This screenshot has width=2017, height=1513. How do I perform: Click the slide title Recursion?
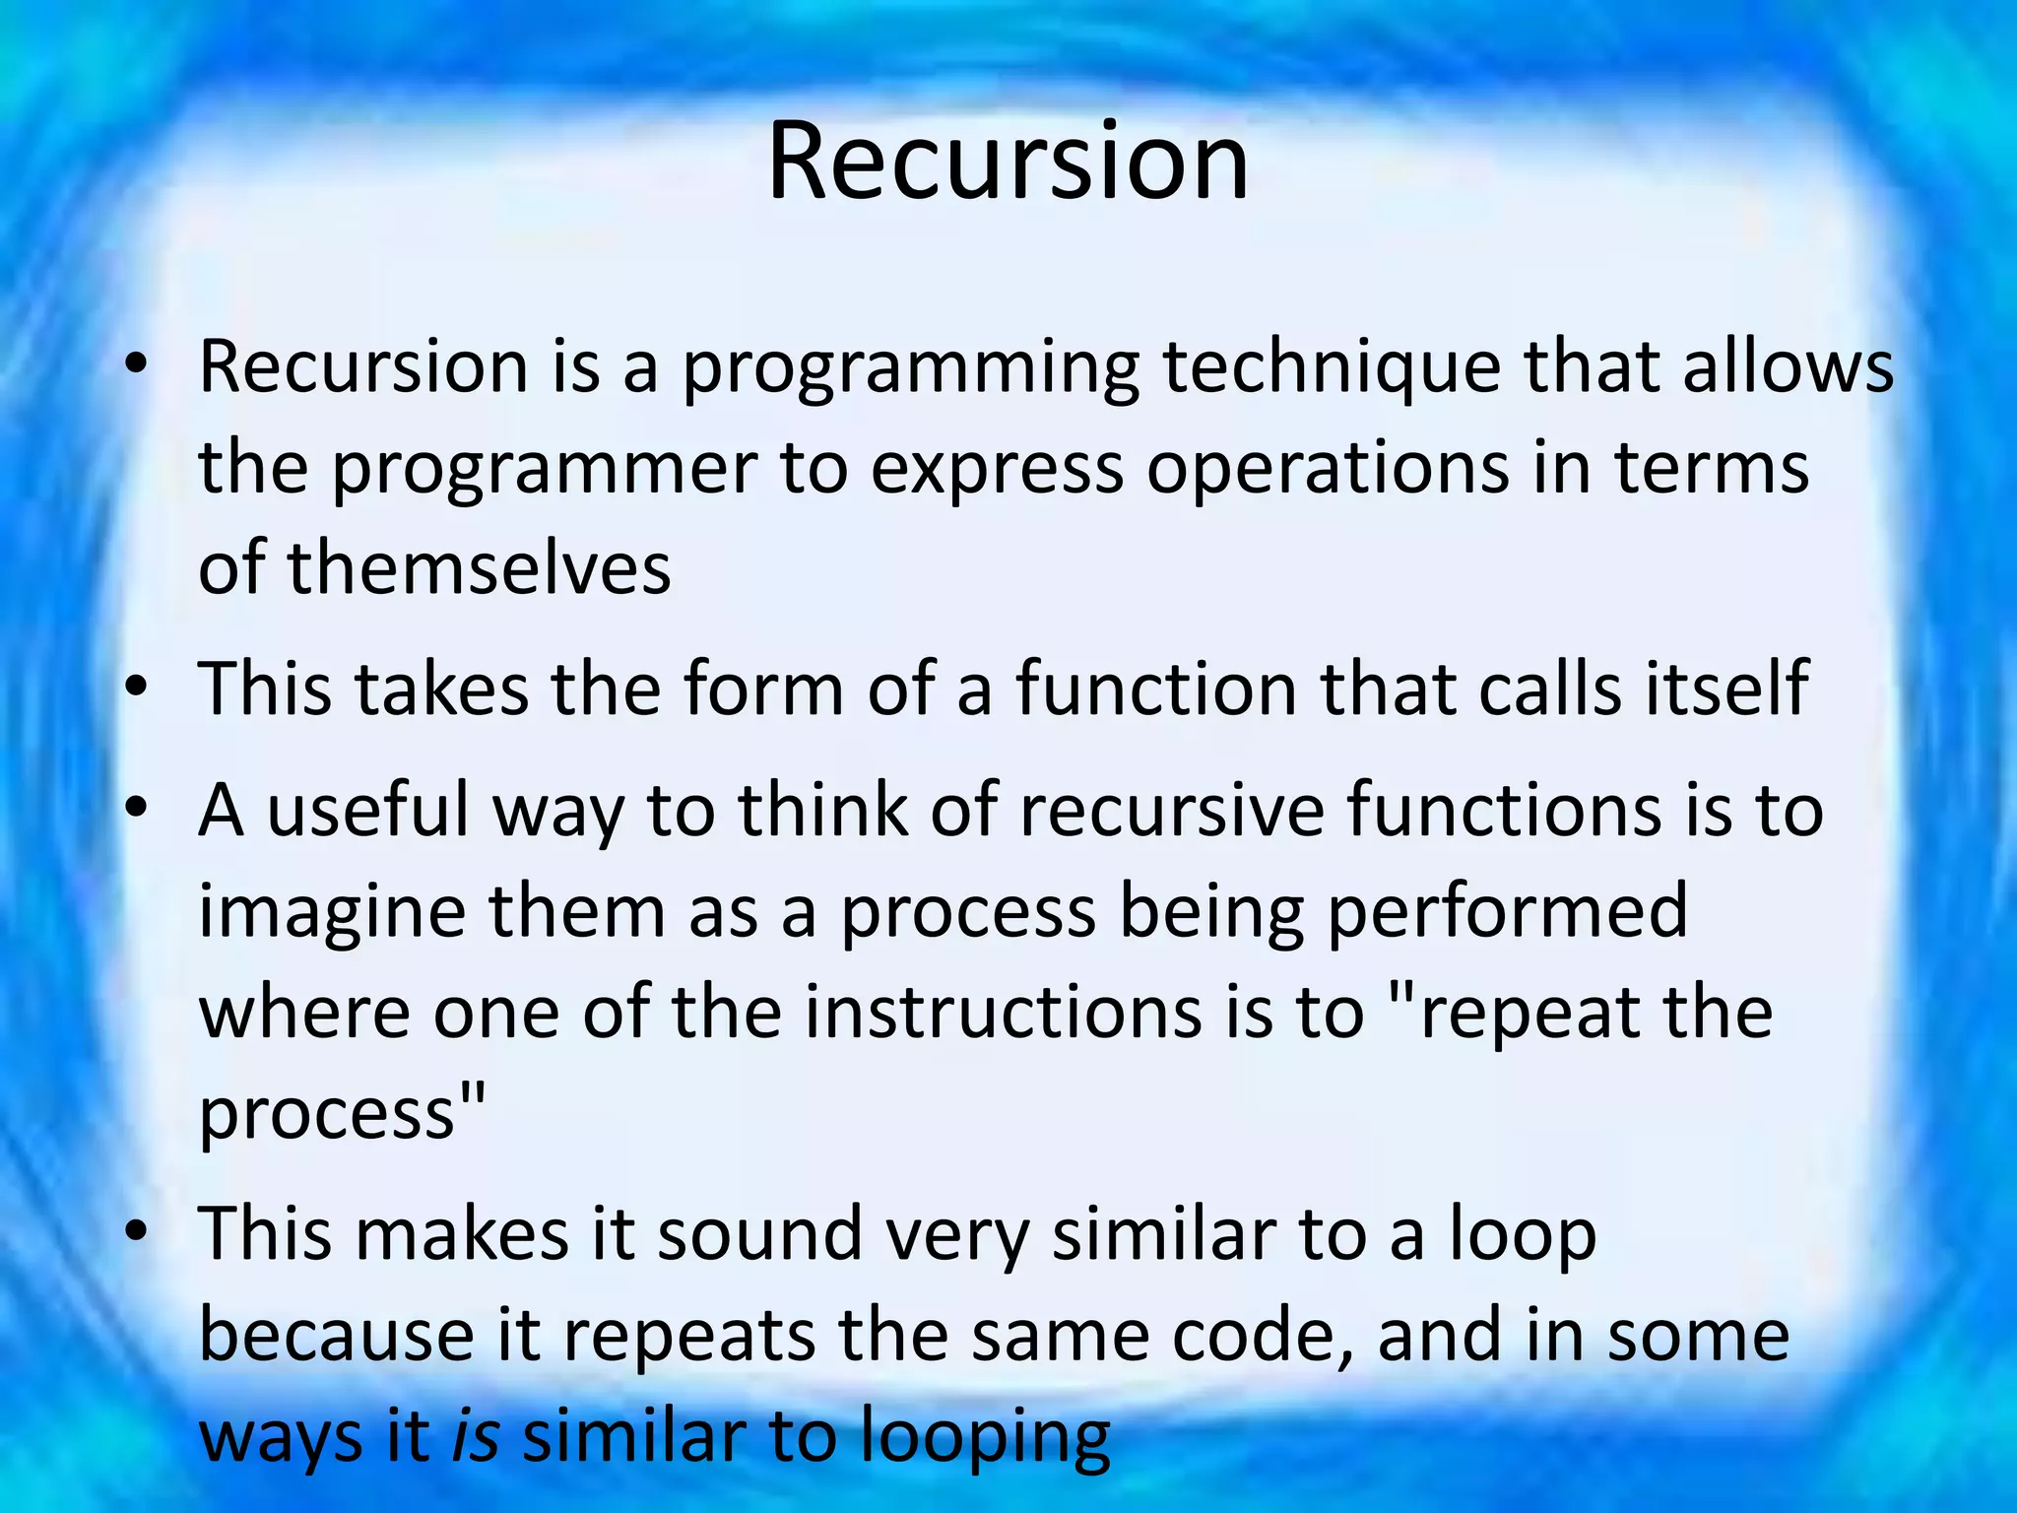point(1008,161)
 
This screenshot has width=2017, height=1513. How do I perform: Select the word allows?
point(1788,366)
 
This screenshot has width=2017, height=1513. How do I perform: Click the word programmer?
point(545,470)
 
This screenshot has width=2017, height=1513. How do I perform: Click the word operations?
point(1328,470)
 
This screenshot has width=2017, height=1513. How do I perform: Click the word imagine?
point(332,914)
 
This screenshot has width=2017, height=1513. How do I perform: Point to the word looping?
point(984,1438)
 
